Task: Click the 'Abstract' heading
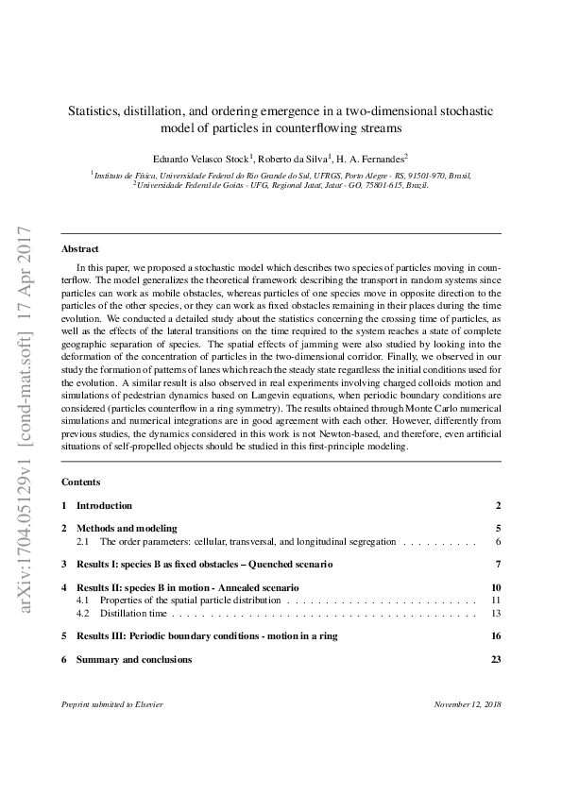pos(80,249)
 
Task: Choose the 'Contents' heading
pos(80,482)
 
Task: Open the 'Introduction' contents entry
pos(104,506)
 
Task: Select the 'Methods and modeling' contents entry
pos(127,529)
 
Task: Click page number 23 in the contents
pos(495,660)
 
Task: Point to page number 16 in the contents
pos(495,636)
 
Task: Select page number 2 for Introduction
pos(498,506)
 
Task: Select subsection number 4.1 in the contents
pos(82,600)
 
